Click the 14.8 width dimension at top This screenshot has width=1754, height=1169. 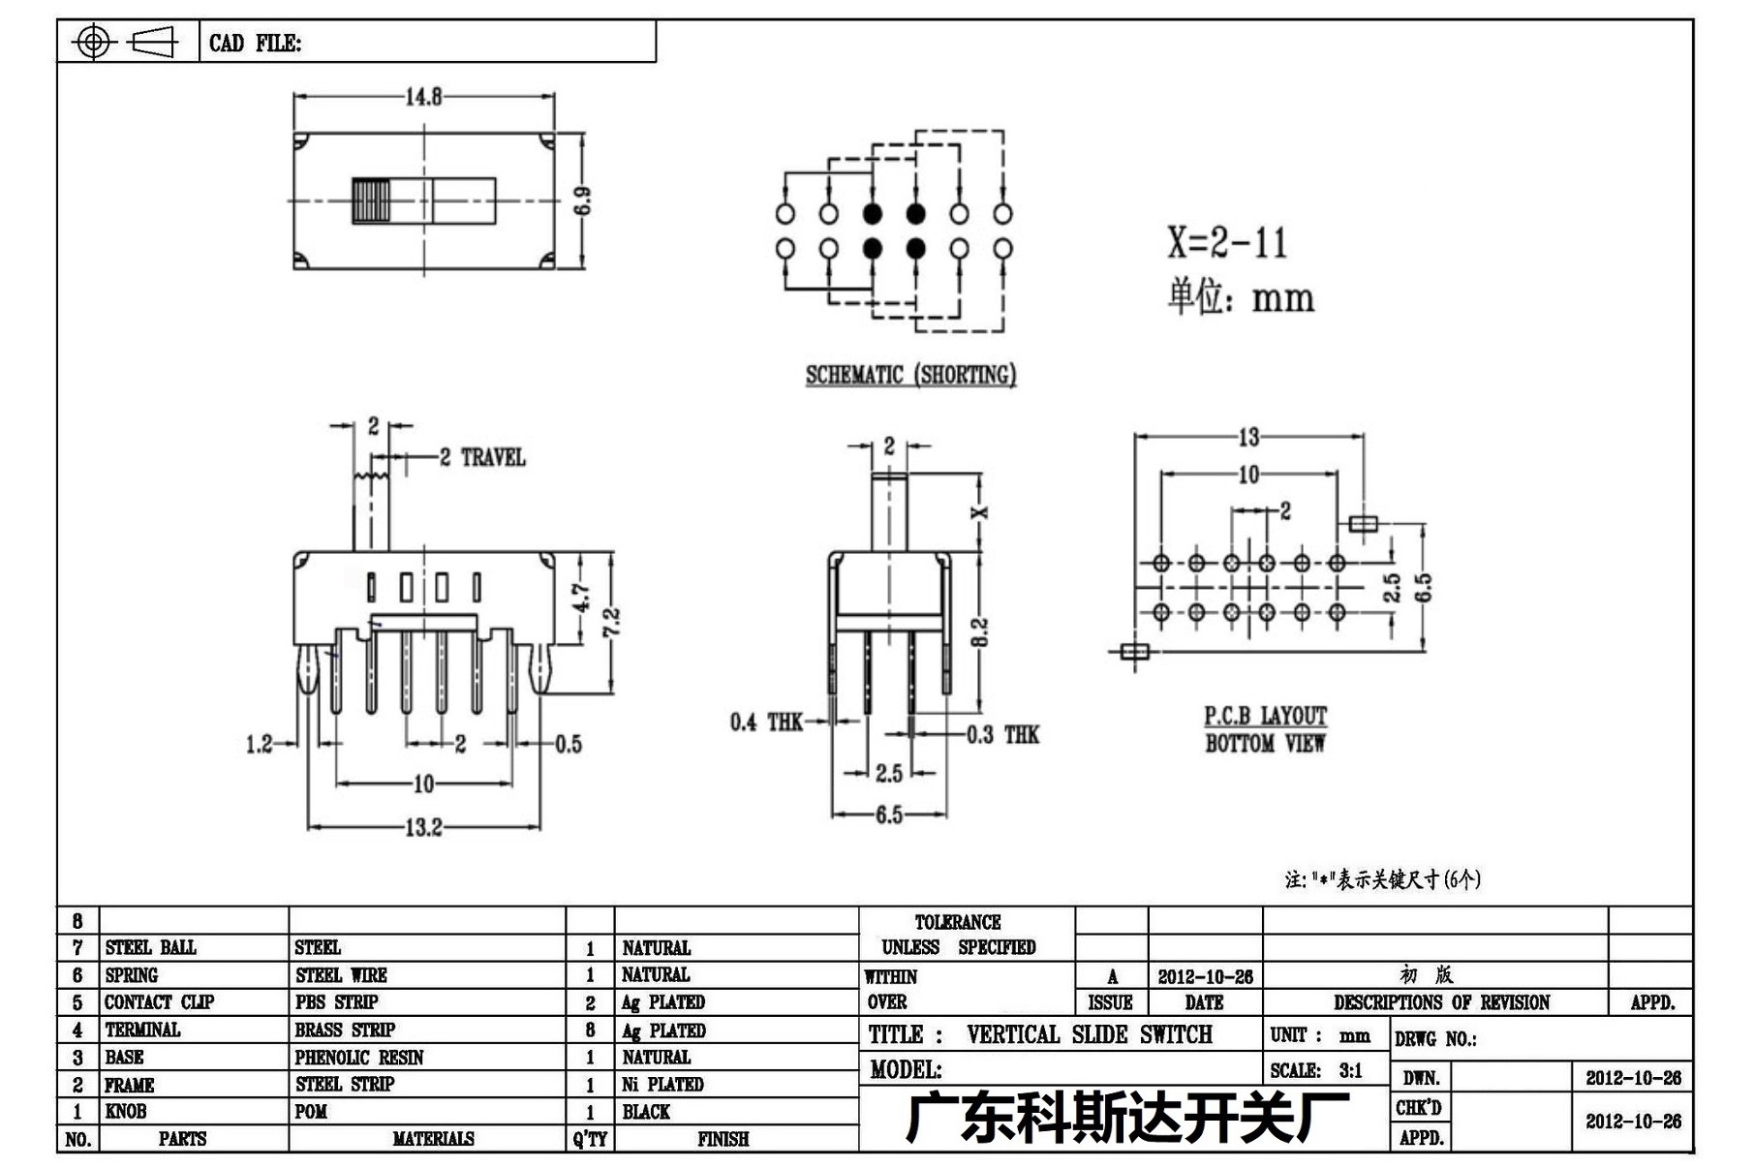(423, 97)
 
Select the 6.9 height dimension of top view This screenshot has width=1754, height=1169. (582, 200)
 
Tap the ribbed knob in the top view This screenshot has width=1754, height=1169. (370, 200)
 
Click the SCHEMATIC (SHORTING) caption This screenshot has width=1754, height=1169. (910, 375)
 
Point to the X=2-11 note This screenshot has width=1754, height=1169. (1227, 242)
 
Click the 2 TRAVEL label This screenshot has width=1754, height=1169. (482, 457)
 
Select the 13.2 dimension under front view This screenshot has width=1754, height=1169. (423, 827)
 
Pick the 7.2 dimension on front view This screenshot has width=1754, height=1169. (611, 622)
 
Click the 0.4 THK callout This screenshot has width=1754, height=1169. (766, 722)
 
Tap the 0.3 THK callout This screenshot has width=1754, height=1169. (1002, 735)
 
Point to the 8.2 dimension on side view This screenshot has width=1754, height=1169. (979, 632)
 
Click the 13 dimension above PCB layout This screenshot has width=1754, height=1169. (1248, 438)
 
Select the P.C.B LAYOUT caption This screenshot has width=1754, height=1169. (1265, 717)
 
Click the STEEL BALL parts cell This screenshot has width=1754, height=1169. (151, 947)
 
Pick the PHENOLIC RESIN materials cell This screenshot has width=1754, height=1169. (359, 1058)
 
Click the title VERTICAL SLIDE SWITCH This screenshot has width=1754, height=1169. (1090, 1034)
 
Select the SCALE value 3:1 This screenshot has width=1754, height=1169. (1350, 1070)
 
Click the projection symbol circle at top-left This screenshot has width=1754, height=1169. (93, 42)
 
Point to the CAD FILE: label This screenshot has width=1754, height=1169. (256, 44)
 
